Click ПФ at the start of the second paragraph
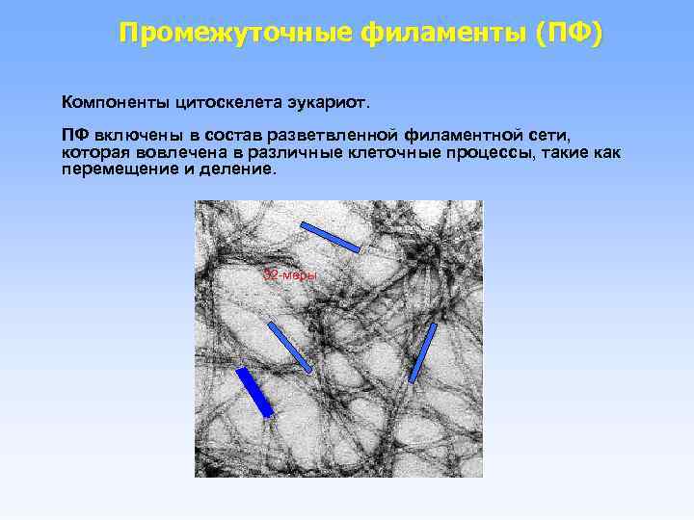75,137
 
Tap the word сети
549,137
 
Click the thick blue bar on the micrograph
254,392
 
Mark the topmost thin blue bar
330,237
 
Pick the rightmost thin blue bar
423,352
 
